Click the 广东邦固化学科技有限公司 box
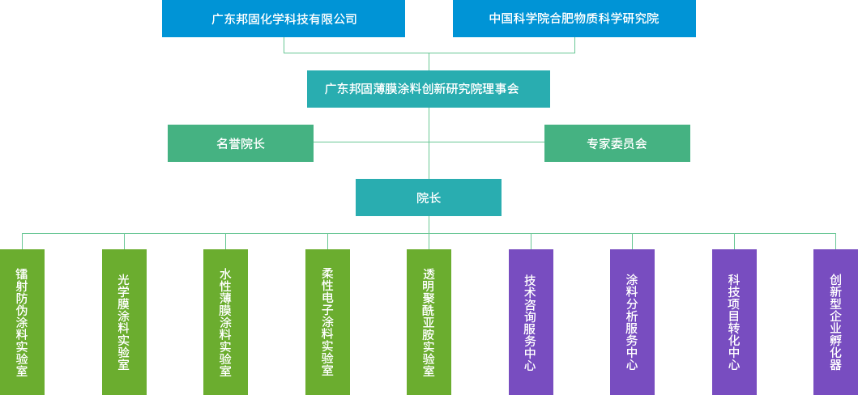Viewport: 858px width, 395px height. pyautogui.click(x=283, y=19)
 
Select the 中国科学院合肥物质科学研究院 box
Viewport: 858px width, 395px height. pyautogui.click(x=574, y=19)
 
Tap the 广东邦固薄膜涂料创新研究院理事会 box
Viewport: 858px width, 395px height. pyautogui.click(x=428, y=88)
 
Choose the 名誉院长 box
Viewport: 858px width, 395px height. pyautogui.click(x=240, y=142)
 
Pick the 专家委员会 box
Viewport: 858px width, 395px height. pyautogui.click(x=617, y=142)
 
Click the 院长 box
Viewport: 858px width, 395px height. pyautogui.click(x=428, y=197)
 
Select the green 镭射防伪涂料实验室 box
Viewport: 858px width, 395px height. pyautogui.click(x=22, y=321)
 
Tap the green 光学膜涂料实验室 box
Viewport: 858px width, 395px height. pyautogui.click(x=123, y=321)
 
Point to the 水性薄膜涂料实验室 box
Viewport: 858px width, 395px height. pyautogui.click(x=225, y=321)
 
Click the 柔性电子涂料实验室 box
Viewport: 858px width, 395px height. pyautogui.click(x=327, y=321)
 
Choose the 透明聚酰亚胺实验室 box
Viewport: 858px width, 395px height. pyautogui.click(x=429, y=321)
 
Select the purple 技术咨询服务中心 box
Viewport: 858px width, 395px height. pyautogui.click(x=531, y=321)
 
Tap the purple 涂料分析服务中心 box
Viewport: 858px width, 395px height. pyautogui.click(x=632, y=321)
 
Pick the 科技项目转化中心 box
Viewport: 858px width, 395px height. pyautogui.click(x=734, y=321)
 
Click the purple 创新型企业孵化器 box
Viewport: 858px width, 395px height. pyautogui.click(x=835, y=321)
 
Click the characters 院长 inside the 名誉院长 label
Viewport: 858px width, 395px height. pyautogui.click(x=252, y=143)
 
